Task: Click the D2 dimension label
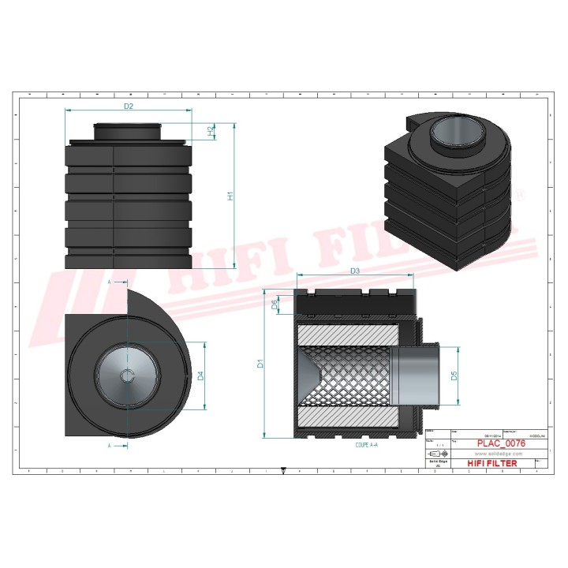click(x=128, y=105)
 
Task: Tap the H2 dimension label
click(x=210, y=132)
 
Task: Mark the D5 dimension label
click(x=454, y=376)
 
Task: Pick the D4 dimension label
click(x=200, y=376)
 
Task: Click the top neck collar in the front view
click(x=128, y=130)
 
